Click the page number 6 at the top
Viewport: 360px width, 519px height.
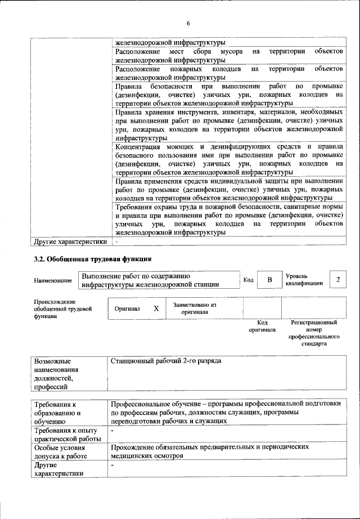[188, 23]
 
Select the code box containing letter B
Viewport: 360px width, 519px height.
[269, 280]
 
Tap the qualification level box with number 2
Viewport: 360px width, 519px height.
[337, 280]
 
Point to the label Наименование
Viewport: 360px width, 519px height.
[53, 280]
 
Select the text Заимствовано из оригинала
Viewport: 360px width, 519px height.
[195, 308]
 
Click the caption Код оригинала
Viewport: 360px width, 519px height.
[262, 326]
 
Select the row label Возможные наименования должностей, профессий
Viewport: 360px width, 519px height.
[56, 373]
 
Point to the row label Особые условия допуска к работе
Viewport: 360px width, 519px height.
[62, 451]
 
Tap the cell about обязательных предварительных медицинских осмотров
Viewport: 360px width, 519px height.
[210, 451]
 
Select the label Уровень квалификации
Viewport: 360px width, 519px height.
[304, 280]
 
